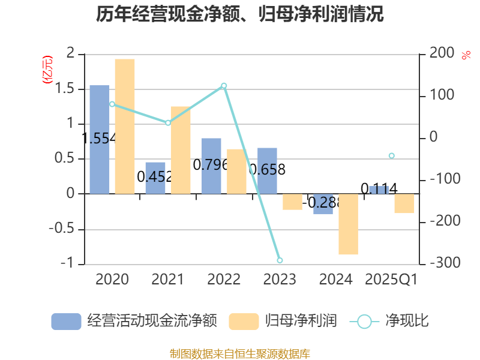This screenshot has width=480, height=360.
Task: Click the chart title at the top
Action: pyautogui.click(x=239, y=14)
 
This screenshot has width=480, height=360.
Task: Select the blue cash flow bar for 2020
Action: pyautogui.click(x=100, y=139)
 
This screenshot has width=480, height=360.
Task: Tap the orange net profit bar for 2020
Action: pyautogui.click(x=125, y=126)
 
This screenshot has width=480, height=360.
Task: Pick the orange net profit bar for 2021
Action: pyautogui.click(x=181, y=150)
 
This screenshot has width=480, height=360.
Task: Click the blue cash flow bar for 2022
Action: pyautogui.click(x=211, y=166)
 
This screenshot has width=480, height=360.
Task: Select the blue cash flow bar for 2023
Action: pyautogui.click(x=267, y=170)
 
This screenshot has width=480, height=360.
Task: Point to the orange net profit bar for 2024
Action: pyautogui.click(x=348, y=224)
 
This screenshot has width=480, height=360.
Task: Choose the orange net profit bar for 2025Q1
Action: pyautogui.click(x=404, y=203)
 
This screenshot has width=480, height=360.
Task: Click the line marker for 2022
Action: pyautogui.click(x=224, y=86)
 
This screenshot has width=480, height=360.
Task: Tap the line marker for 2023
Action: pyautogui.click(x=280, y=260)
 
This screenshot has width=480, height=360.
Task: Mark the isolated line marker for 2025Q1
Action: pyautogui.click(x=392, y=155)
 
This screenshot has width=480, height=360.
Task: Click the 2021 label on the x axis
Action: pyautogui.click(x=167, y=279)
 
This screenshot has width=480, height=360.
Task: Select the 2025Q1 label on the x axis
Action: pyautogui.click(x=391, y=279)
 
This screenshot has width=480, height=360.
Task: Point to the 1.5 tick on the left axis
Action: pyautogui.click(x=66, y=89)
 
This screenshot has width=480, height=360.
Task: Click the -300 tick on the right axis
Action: pyautogui.click(x=442, y=263)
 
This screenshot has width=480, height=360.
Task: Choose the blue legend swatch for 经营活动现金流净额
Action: pyautogui.click(x=66, y=322)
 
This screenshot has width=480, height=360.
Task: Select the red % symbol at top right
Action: pyautogui.click(x=466, y=55)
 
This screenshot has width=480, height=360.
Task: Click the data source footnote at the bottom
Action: pyautogui.click(x=239, y=353)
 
